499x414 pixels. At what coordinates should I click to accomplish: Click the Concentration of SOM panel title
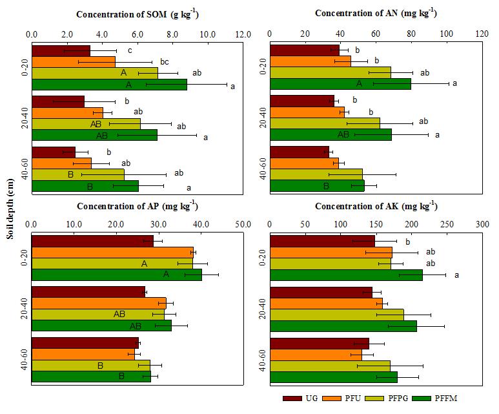coord(137,14)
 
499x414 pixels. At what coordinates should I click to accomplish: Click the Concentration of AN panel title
coord(375,14)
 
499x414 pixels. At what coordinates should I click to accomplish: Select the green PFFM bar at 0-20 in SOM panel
coord(109,84)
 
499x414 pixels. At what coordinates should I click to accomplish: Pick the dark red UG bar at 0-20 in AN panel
coord(304,50)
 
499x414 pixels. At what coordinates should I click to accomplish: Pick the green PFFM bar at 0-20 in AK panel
coord(346,275)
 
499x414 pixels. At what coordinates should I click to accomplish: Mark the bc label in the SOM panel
coord(165,62)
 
